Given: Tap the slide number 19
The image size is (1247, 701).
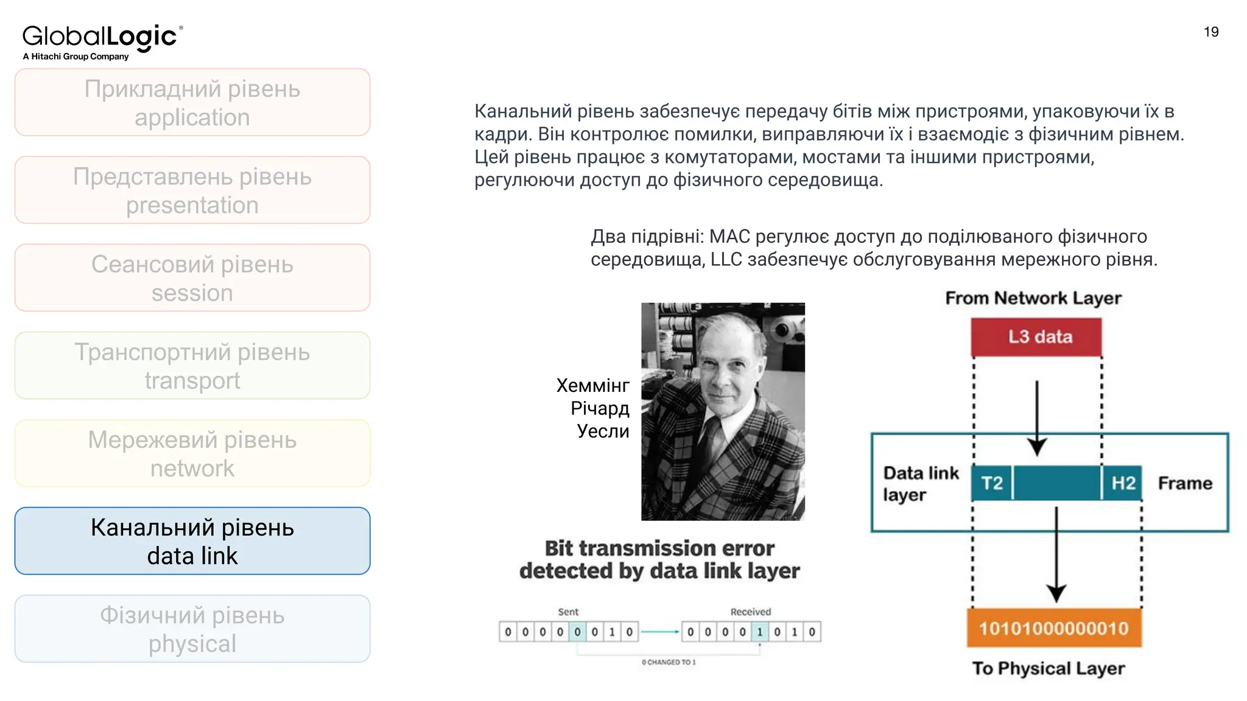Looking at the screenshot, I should (x=1211, y=32).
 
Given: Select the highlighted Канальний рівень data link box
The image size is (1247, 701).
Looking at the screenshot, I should (x=192, y=541).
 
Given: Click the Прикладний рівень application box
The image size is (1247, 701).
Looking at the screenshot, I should (x=192, y=102).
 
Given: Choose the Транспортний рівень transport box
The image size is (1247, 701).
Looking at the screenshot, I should (x=192, y=366).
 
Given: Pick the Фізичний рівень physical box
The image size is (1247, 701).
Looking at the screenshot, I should (x=192, y=629).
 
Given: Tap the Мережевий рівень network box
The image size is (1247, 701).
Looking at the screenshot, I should (x=192, y=453).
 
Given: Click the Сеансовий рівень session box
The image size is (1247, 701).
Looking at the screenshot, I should (x=192, y=278).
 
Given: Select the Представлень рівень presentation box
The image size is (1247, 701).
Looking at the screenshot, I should (x=192, y=190).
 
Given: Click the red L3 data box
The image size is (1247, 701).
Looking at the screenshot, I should (x=1036, y=337).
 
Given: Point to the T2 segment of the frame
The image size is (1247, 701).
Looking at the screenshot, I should (x=992, y=483).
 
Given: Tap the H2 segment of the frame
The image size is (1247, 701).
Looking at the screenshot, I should (x=1123, y=483).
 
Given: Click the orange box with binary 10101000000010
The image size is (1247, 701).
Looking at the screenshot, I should (x=1054, y=628).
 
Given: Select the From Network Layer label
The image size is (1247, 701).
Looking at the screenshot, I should (x=1033, y=298).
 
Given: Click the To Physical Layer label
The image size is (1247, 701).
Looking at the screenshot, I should (x=1049, y=668).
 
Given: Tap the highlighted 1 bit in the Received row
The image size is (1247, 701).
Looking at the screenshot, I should (x=759, y=632).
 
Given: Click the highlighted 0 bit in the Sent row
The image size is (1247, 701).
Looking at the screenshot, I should (x=577, y=632).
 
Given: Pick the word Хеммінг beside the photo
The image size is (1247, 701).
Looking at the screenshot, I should (x=592, y=385).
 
